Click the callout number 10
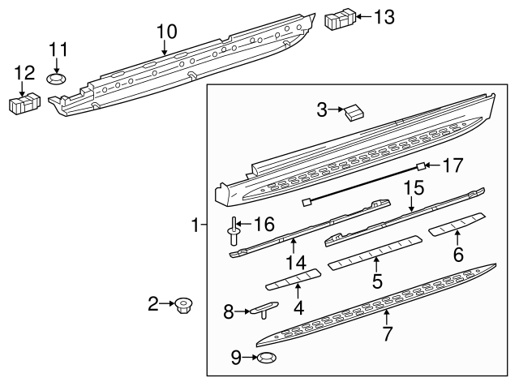click(x=165, y=32)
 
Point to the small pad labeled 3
click(x=354, y=113)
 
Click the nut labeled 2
click(x=182, y=306)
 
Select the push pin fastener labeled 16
click(x=234, y=232)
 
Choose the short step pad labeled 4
click(x=292, y=281)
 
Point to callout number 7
click(x=387, y=333)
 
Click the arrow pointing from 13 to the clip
click(x=361, y=16)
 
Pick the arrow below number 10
click(x=165, y=49)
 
